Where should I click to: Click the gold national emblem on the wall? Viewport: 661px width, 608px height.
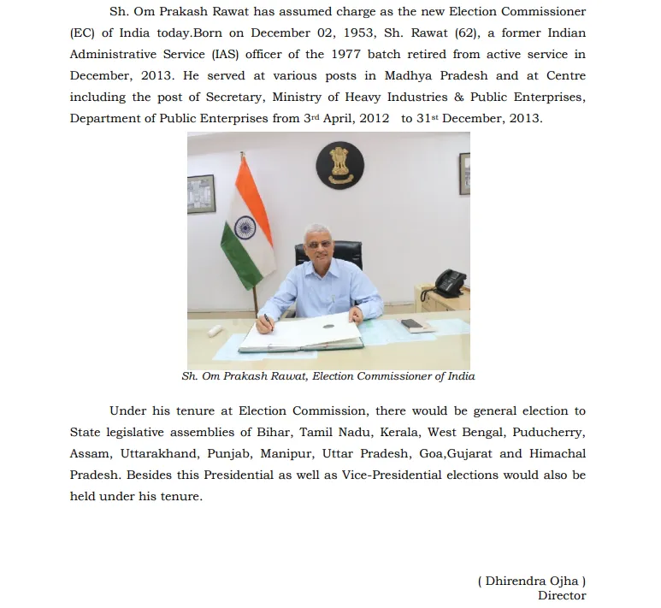pos(339,165)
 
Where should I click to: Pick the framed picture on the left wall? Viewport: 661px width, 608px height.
pos(199,192)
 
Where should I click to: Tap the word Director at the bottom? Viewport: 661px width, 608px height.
pos(561,595)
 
